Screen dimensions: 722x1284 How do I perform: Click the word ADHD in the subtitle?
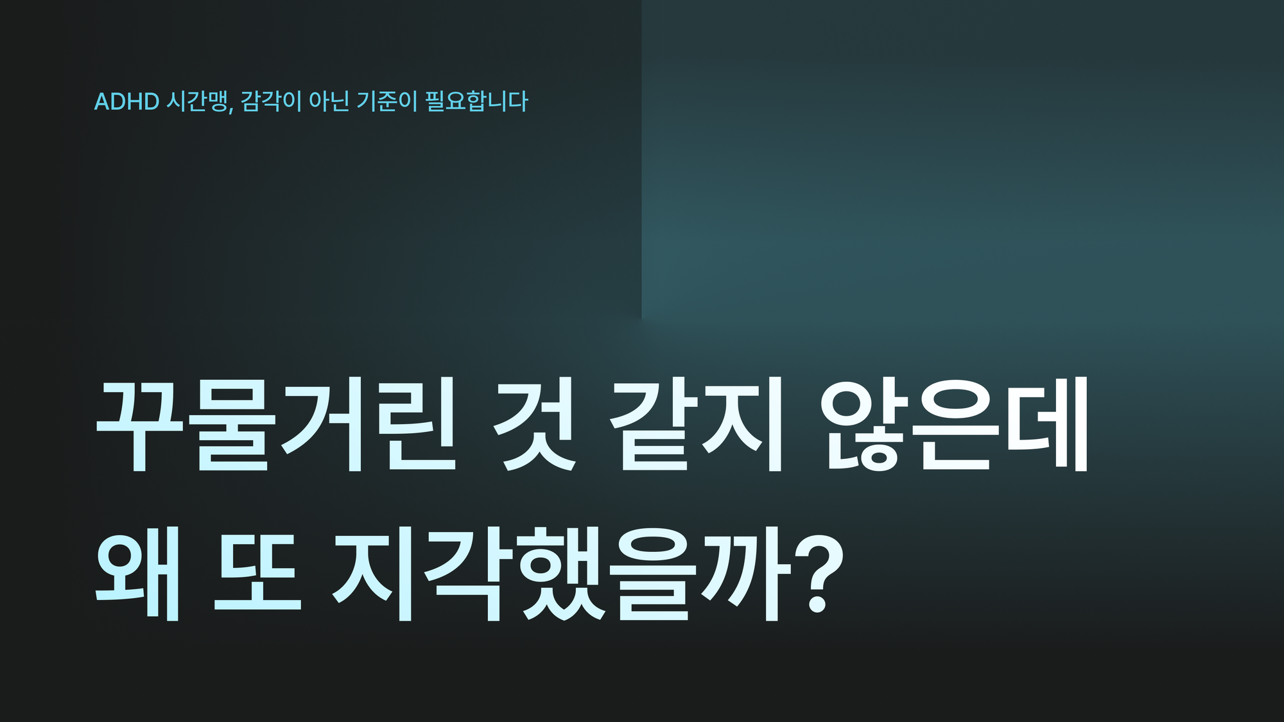pos(126,101)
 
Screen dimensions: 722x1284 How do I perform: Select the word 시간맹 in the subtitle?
pos(196,101)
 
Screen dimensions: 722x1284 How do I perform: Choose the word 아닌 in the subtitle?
pos(329,101)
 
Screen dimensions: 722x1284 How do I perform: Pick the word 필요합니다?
pos(476,101)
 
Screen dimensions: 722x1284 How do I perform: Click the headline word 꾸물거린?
pos(277,425)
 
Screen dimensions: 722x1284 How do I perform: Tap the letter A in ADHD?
pos(102,101)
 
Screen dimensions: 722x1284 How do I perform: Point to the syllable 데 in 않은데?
pos(1046,425)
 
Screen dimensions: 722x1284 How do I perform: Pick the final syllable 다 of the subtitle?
pos(517,101)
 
